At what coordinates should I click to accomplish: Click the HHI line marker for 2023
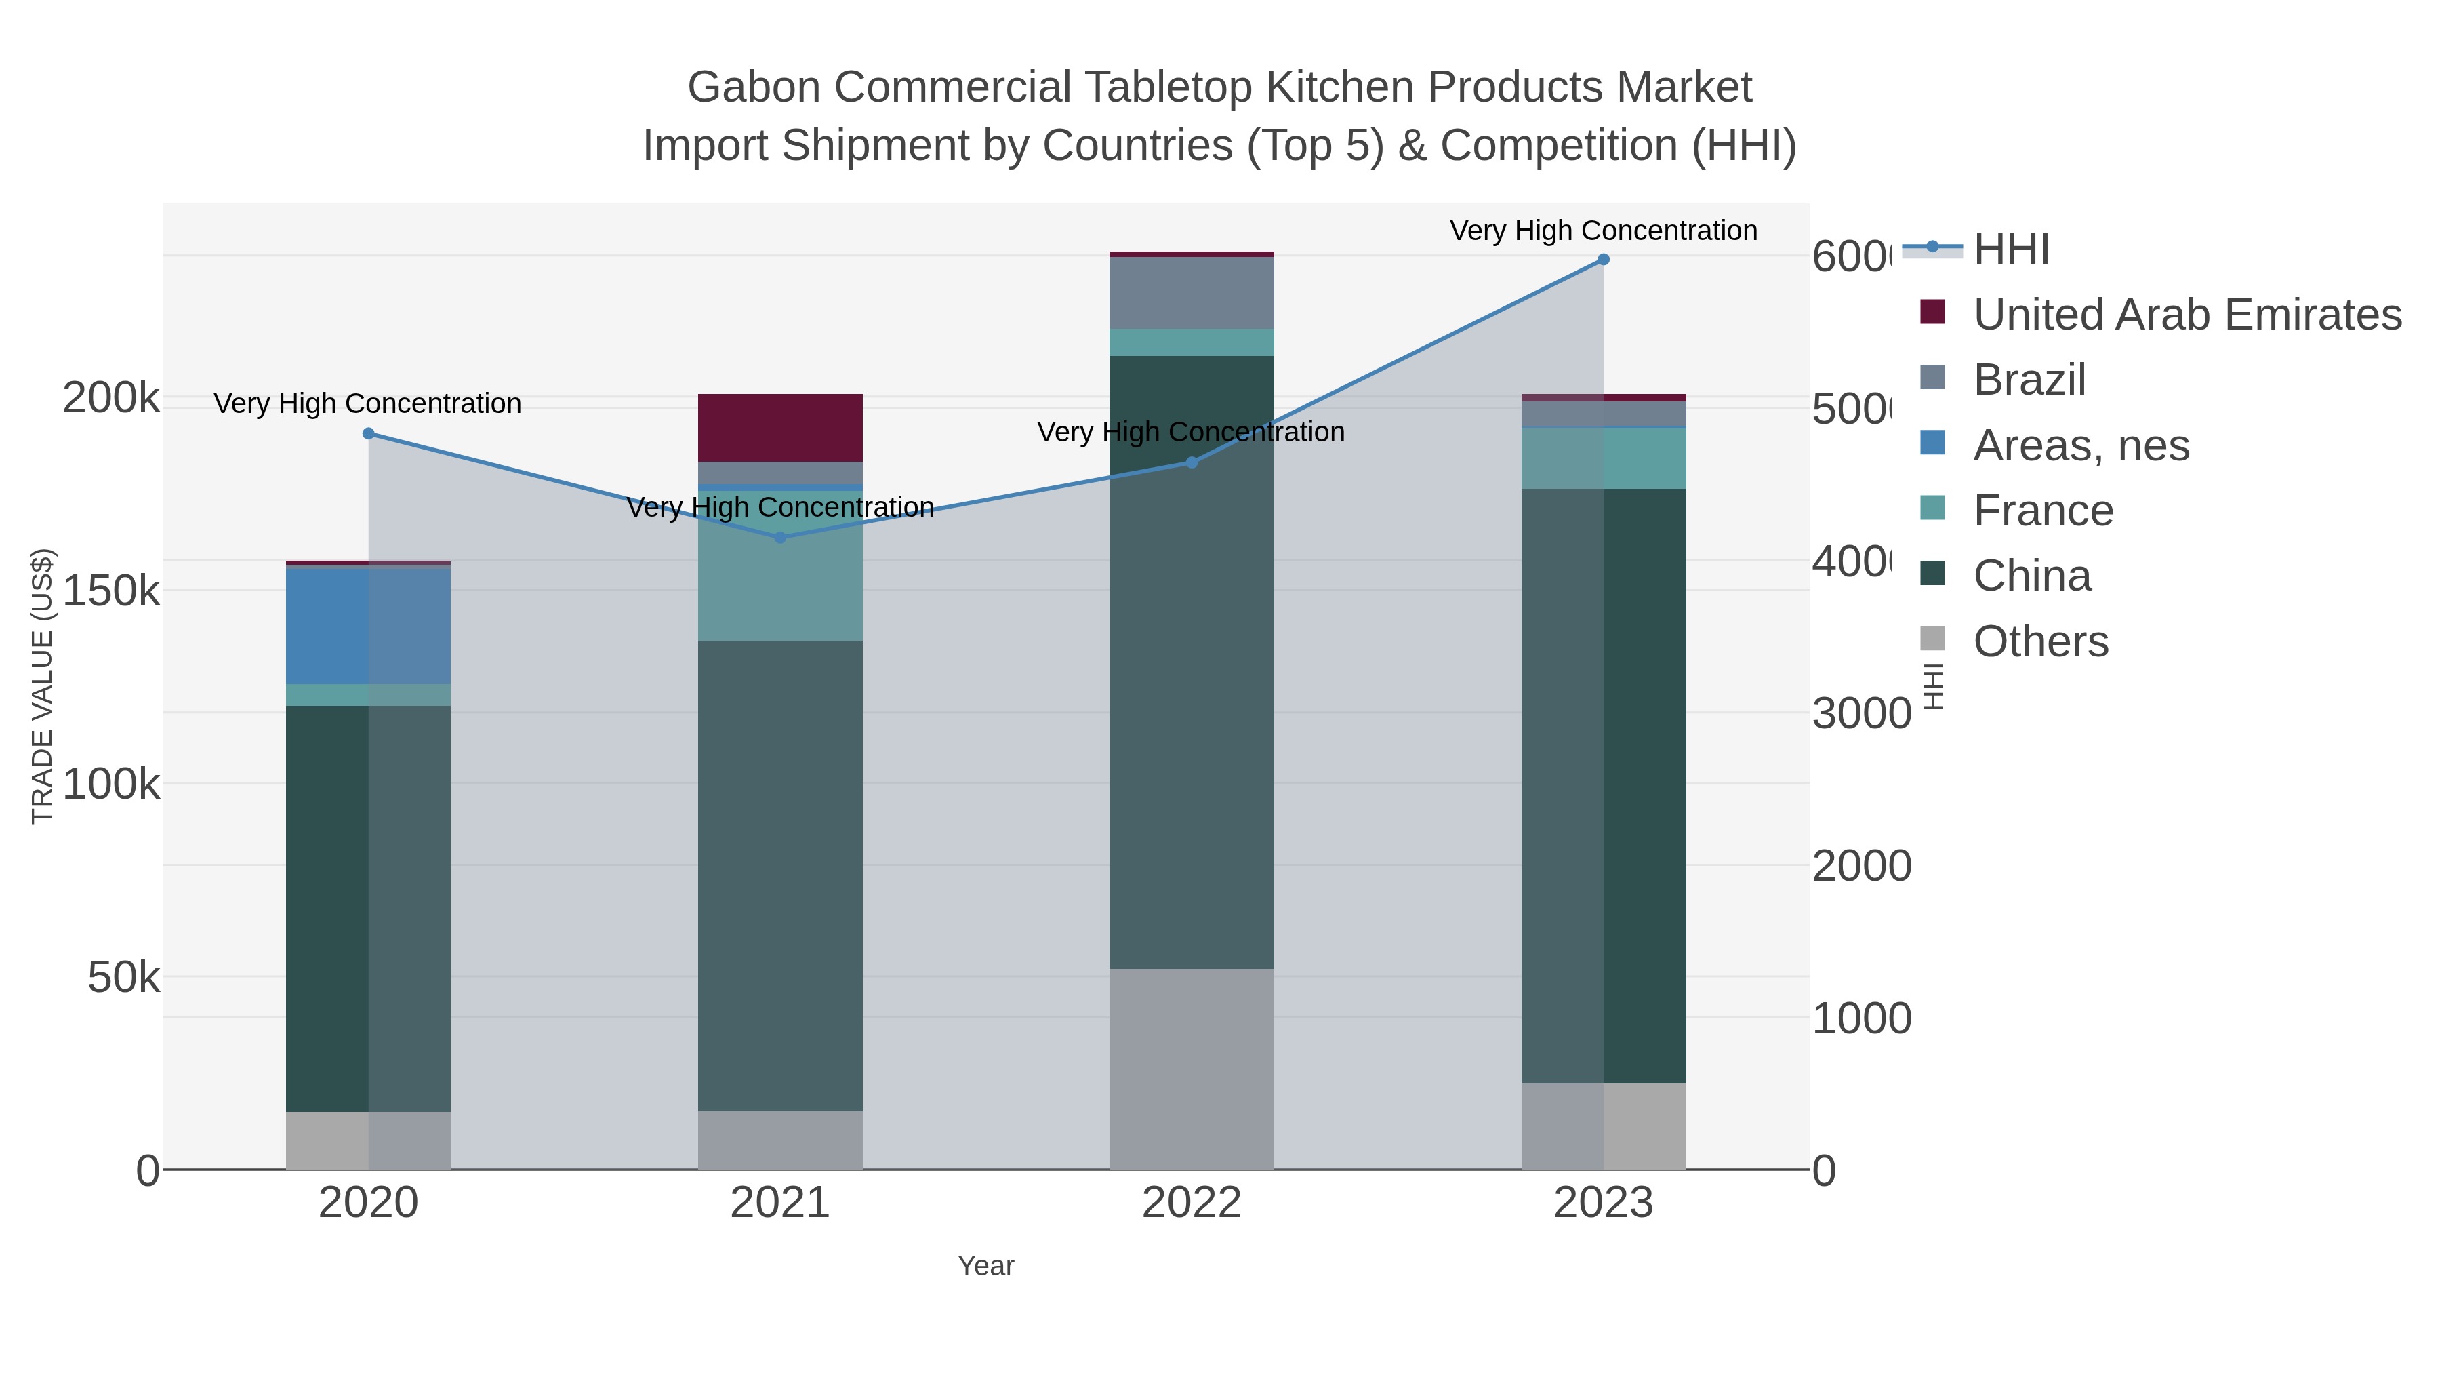pyautogui.click(x=1603, y=260)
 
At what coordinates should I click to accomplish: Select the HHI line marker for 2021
pyautogui.click(x=779, y=537)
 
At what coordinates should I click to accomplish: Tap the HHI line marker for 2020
pyautogui.click(x=369, y=434)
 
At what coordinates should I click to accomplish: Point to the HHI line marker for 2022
pyautogui.click(x=1192, y=462)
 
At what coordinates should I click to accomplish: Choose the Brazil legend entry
pyautogui.click(x=2029, y=380)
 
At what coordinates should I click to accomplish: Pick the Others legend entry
pyautogui.click(x=2040, y=641)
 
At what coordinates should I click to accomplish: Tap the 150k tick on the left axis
pyautogui.click(x=111, y=591)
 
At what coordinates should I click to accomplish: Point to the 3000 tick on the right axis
pyautogui.click(x=1861, y=713)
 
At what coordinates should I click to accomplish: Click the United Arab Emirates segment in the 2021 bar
pyautogui.click(x=779, y=427)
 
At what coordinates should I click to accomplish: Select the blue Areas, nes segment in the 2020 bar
pyautogui.click(x=327, y=625)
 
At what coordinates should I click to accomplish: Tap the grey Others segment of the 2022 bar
pyautogui.click(x=1191, y=1068)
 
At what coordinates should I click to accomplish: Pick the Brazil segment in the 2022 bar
pyautogui.click(x=1191, y=293)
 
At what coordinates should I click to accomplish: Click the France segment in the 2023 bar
pyautogui.click(x=1644, y=458)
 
